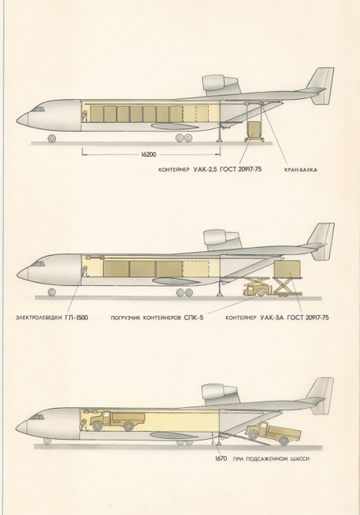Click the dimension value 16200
click(150, 154)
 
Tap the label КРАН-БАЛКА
click(301, 170)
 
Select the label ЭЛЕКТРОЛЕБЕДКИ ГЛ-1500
click(52, 318)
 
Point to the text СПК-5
click(196, 318)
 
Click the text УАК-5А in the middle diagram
click(272, 318)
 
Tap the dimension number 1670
click(221, 459)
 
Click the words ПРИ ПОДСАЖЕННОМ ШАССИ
click(271, 459)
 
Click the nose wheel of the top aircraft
click(52, 139)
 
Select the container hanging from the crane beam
click(254, 129)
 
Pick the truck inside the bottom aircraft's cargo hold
click(117, 421)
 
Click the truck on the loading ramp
click(273, 433)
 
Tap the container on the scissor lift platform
click(287, 269)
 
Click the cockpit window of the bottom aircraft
click(37, 417)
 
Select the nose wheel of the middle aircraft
click(52, 292)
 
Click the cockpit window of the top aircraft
click(38, 109)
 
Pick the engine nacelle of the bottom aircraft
click(220, 393)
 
